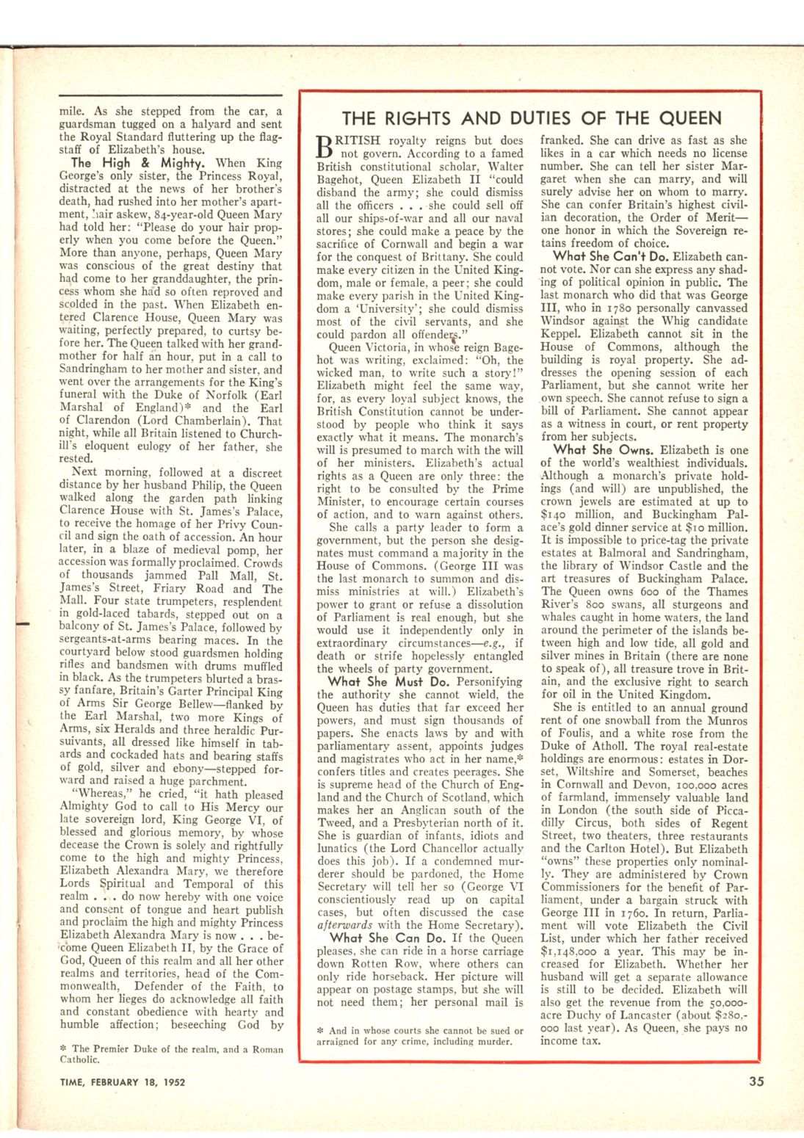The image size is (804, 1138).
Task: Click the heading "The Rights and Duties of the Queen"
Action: pos(532,118)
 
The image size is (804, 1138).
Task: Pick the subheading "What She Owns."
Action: pos(604,449)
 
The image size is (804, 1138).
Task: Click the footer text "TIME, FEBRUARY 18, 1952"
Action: pos(122,1081)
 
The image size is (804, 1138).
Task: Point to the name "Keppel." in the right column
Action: pos(561,333)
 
